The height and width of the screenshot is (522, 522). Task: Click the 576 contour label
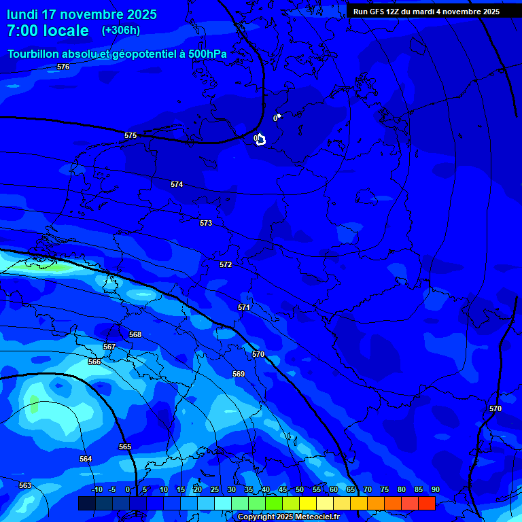pyautogui.click(x=63, y=67)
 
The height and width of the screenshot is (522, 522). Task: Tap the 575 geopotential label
pyautogui.click(x=130, y=135)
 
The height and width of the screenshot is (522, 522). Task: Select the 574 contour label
pyautogui.click(x=177, y=184)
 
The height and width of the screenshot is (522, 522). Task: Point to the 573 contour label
pyautogui.click(x=206, y=223)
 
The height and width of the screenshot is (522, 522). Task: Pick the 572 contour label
pyautogui.click(x=226, y=264)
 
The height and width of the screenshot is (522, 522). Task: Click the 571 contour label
pyautogui.click(x=244, y=307)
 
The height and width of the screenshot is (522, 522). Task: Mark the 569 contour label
pyautogui.click(x=239, y=374)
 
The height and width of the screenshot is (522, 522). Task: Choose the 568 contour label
pyautogui.click(x=135, y=334)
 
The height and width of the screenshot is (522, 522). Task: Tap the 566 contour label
pyautogui.click(x=94, y=362)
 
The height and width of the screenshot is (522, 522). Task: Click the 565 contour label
pyautogui.click(x=125, y=447)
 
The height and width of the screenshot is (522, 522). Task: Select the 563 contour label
pyautogui.click(x=25, y=485)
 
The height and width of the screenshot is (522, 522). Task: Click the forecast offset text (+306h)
pyautogui.click(x=121, y=31)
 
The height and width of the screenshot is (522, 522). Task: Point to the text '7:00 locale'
pyautogui.click(x=48, y=31)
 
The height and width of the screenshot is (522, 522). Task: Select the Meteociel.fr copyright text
pyautogui.click(x=288, y=517)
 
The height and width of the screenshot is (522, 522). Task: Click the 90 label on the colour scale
pyautogui.click(x=435, y=489)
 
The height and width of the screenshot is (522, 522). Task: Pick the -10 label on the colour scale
pyautogui.click(x=97, y=489)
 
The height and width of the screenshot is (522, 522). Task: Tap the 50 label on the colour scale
pyautogui.click(x=300, y=489)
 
